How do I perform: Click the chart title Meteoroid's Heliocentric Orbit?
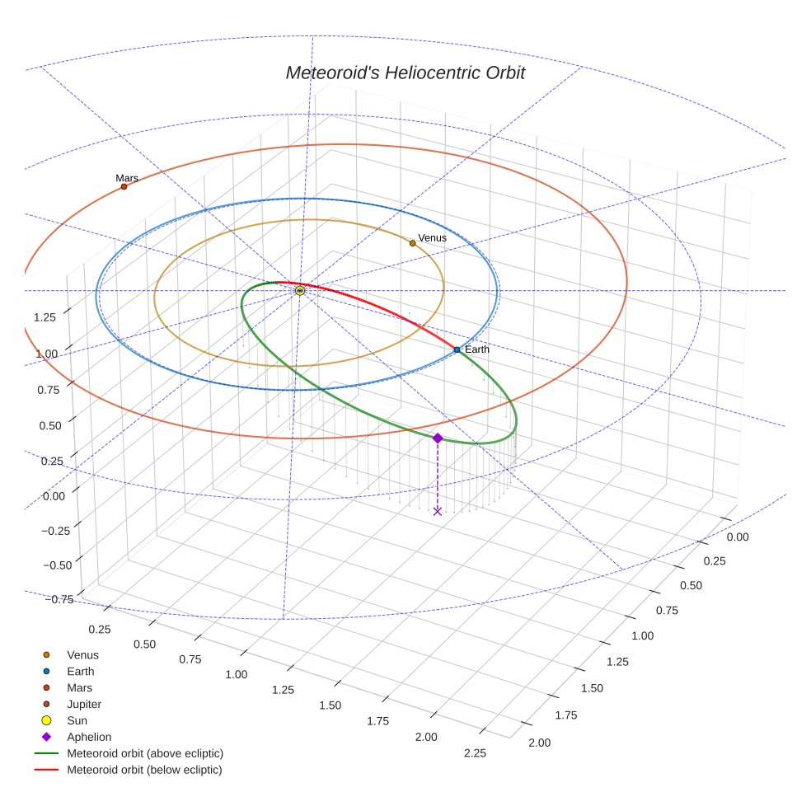pos(405,73)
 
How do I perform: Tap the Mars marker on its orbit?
pos(124,187)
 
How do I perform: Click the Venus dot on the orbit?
pos(412,243)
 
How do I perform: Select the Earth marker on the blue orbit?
pos(457,350)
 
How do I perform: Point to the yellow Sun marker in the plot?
pos(300,291)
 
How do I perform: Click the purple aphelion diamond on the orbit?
pos(438,438)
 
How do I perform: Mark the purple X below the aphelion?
pos(437,511)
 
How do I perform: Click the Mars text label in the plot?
pos(127,178)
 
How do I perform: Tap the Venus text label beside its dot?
pos(432,238)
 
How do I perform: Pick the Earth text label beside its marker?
pos(476,349)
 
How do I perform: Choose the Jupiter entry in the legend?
pos(84,705)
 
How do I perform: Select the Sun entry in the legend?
pos(77,721)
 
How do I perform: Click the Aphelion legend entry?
pos(89,738)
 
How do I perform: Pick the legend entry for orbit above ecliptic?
pos(145,754)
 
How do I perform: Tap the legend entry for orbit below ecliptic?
pos(144,771)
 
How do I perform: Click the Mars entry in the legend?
pos(79,688)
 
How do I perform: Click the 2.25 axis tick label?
pos(475,752)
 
